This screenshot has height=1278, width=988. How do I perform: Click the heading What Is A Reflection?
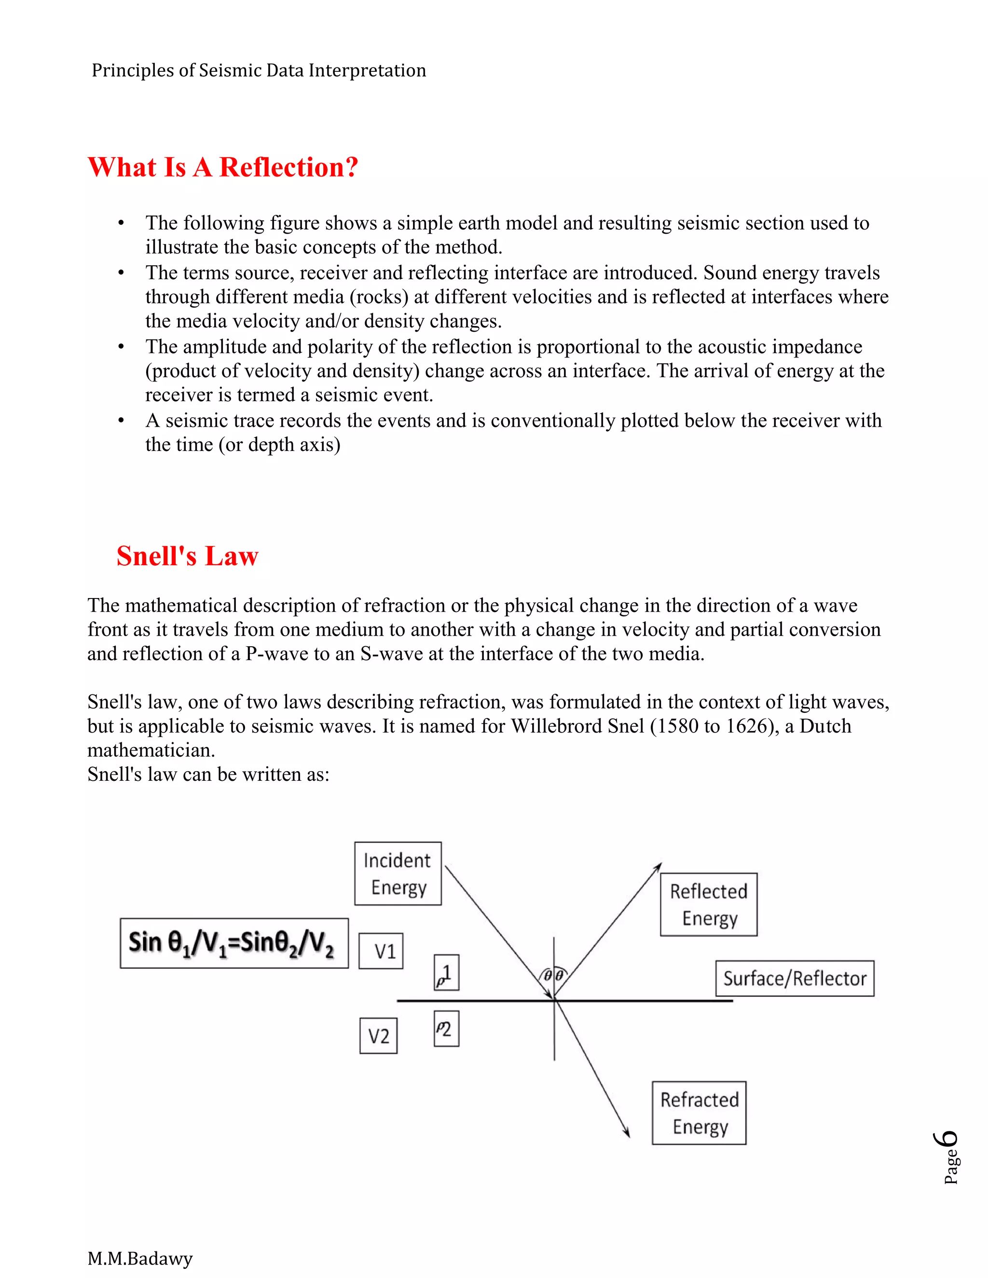pyautogui.click(x=222, y=167)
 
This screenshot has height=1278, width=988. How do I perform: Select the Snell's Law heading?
pyautogui.click(x=187, y=556)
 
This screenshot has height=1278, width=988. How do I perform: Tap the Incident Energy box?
pyautogui.click(x=398, y=874)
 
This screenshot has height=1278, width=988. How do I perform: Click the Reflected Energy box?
pyautogui.click(x=708, y=905)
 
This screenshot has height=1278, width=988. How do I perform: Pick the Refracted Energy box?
pyautogui.click(x=699, y=1113)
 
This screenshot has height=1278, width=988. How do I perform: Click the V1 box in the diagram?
pyautogui.click(x=381, y=951)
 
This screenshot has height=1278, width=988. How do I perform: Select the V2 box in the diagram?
pyautogui.click(x=378, y=1036)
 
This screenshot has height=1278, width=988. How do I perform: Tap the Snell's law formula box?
pyautogui.click(x=233, y=943)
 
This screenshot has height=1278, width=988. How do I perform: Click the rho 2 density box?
pyautogui.click(x=446, y=1029)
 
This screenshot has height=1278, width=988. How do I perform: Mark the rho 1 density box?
pyautogui.click(x=446, y=973)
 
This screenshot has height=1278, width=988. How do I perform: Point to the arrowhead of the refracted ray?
pyautogui.click(x=627, y=1133)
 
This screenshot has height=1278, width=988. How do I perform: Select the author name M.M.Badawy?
pyautogui.click(x=140, y=1258)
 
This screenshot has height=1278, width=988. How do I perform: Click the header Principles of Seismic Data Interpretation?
pyautogui.click(x=259, y=70)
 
